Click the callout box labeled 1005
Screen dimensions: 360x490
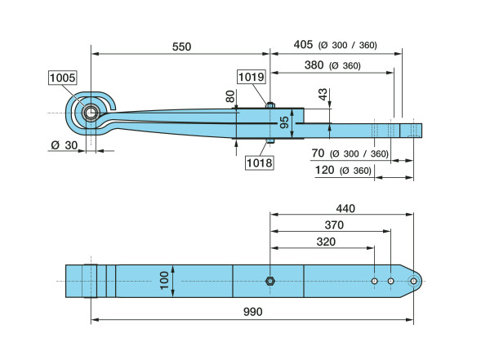pos(62,78)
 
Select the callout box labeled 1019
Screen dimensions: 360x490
pos(252,78)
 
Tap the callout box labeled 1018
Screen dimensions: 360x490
pos(258,162)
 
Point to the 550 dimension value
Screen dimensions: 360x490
pos(181,47)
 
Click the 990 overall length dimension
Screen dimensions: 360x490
pos(252,311)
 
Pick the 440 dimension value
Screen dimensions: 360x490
pos(344,209)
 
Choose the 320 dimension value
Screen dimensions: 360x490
pos(324,242)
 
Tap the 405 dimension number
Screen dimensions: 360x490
pos(304,45)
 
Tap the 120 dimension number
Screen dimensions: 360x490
pos(323,170)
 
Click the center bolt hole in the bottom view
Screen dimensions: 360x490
pos(270,282)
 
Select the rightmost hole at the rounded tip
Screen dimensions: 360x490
pos(413,282)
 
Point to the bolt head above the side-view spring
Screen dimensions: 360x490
pos(269,104)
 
